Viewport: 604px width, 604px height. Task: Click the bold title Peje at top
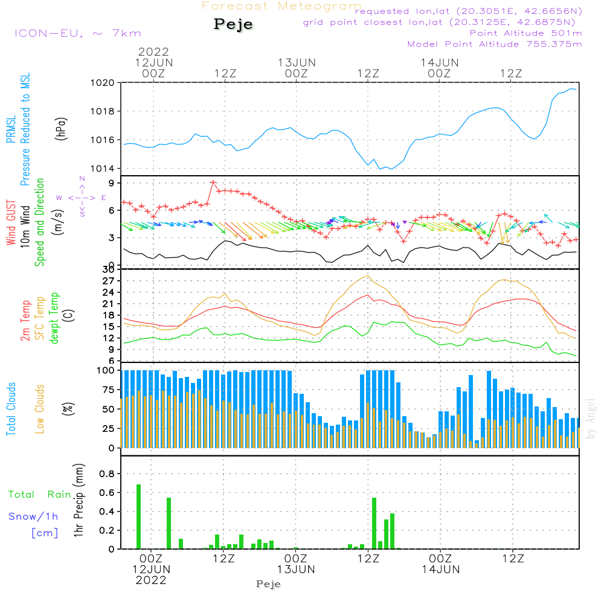point(234,25)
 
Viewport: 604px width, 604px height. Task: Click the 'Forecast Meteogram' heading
point(281,7)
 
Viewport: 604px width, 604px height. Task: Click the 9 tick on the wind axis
point(112,183)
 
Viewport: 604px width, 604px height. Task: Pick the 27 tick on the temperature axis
point(109,281)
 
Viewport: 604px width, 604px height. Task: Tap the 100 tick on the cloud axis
point(106,370)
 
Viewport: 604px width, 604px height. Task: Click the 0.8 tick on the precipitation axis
point(108,474)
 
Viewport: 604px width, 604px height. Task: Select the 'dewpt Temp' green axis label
point(54,318)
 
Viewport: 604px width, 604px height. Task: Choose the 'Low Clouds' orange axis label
point(40,407)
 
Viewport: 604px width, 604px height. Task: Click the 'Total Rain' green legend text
point(40,495)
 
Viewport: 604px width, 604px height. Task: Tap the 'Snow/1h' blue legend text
point(34,516)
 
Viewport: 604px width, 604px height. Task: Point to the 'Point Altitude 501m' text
point(525,33)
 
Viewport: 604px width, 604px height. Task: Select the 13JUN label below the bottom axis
point(297,570)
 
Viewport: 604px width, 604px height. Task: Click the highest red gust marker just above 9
point(213,182)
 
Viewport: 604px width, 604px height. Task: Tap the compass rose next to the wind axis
point(82,197)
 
